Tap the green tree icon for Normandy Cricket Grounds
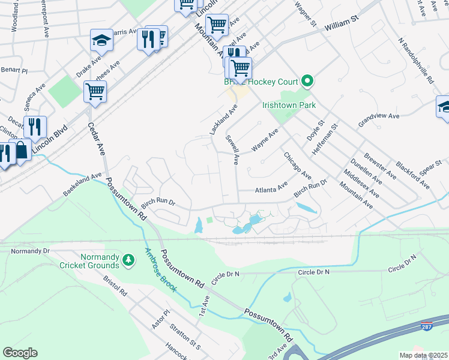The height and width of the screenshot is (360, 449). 127,259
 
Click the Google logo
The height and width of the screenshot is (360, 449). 20,353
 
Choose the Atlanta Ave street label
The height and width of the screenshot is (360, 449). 271,190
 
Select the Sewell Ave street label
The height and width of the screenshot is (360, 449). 232,150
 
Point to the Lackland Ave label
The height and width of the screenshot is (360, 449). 222,119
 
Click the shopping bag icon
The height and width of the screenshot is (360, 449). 22,150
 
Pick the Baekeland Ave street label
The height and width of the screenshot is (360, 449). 83,185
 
